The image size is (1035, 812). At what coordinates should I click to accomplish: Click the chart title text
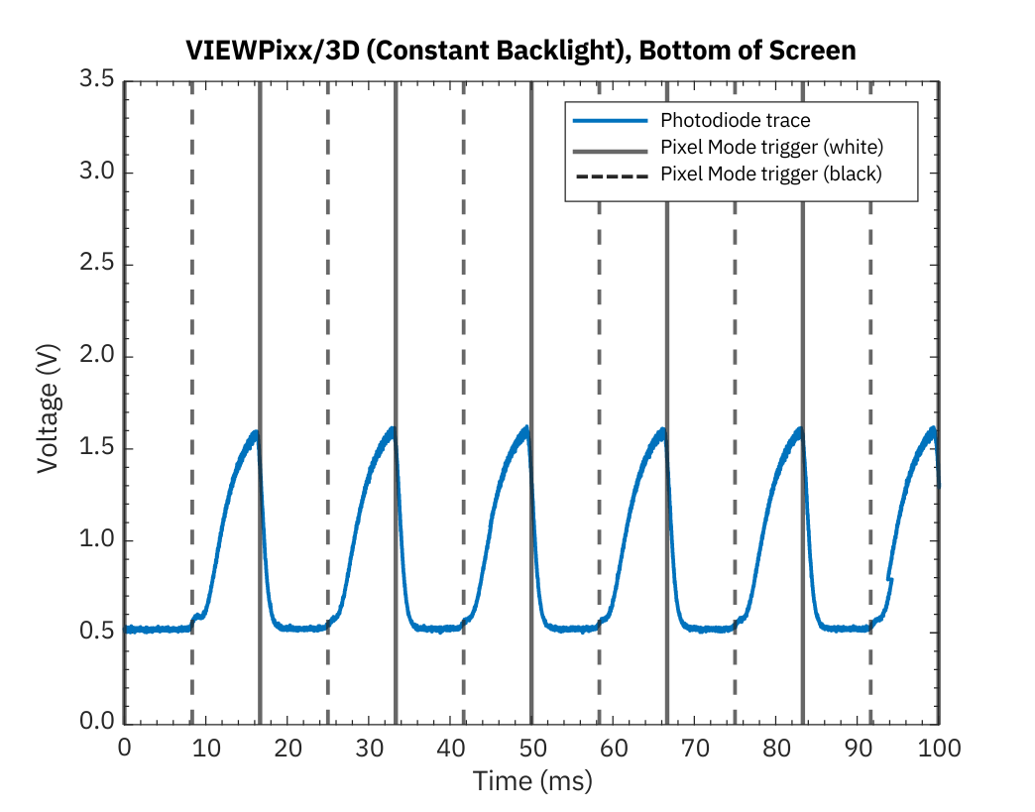520,51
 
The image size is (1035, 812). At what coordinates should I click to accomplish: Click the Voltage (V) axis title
48,402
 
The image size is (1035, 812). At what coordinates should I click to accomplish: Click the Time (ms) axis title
531,781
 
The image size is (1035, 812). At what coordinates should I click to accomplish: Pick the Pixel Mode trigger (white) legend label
770,147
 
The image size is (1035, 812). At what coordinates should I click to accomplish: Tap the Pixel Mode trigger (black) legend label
770,173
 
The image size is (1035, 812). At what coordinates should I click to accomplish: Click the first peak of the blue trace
256,433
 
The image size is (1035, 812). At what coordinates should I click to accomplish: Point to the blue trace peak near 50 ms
525,429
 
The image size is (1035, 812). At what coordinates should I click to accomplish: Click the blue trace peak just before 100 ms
932,429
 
